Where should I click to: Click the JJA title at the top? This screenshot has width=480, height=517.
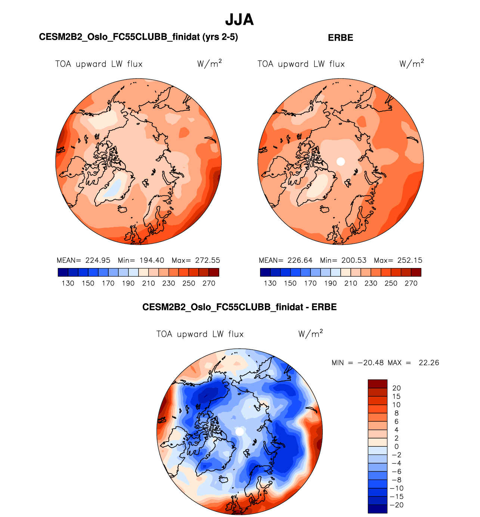click(239, 20)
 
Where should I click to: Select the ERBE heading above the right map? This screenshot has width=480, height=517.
click(340, 38)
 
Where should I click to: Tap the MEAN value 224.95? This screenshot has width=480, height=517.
click(97, 261)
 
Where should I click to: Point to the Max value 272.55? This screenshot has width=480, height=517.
click(207, 261)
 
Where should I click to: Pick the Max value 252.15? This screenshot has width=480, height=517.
click(409, 261)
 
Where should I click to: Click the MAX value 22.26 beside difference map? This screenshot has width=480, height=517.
click(429, 363)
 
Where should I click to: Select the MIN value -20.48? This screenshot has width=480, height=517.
click(371, 363)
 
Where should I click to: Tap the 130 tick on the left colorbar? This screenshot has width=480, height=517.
click(68, 283)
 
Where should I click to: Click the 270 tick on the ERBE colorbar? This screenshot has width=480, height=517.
click(411, 283)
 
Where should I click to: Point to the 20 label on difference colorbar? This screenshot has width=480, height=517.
click(396, 388)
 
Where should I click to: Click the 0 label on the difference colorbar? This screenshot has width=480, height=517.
click(396, 446)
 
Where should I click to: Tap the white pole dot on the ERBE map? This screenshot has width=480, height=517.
click(341, 161)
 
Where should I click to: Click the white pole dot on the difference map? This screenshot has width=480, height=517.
click(240, 432)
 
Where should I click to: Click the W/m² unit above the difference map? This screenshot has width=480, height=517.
click(310, 333)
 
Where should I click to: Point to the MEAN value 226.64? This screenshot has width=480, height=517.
click(300, 261)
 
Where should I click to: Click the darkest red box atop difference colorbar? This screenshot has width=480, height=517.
click(377, 384)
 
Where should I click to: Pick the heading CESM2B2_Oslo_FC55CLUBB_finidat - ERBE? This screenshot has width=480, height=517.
click(239, 307)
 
